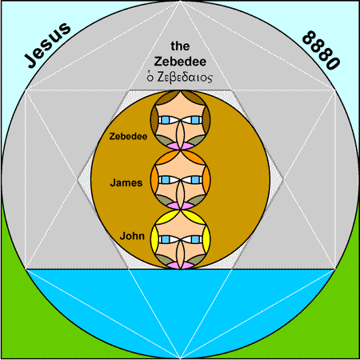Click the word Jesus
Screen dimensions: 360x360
(x=48, y=45)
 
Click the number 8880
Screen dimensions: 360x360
(x=321, y=50)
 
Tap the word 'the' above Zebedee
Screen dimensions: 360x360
(x=180, y=46)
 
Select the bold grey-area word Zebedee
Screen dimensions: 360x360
(x=180, y=62)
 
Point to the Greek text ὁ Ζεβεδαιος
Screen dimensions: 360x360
(x=179, y=77)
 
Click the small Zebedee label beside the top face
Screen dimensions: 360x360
(x=128, y=136)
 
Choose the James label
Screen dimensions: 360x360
(x=126, y=182)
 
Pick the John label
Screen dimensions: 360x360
(x=132, y=236)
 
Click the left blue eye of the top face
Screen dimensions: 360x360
(x=166, y=120)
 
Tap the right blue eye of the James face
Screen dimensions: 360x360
(x=195, y=179)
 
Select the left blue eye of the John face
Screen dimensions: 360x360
(x=166, y=239)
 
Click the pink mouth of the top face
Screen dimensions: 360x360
(x=180, y=146)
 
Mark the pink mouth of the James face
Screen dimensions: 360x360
(x=180, y=206)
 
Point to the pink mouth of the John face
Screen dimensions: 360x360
(x=180, y=265)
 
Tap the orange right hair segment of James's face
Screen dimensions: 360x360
(x=206, y=178)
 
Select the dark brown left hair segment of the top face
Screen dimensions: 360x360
(x=154, y=118)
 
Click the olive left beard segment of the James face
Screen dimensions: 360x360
(x=164, y=200)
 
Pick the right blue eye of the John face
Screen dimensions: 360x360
(x=195, y=239)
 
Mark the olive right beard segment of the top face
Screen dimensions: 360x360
(x=197, y=141)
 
